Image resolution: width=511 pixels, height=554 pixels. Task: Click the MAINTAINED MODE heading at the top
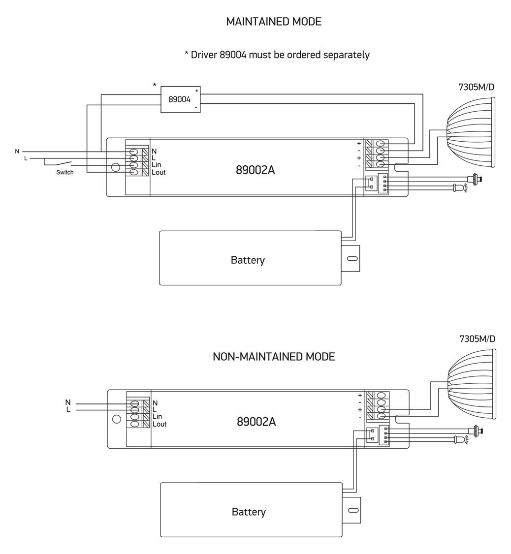(x=273, y=22)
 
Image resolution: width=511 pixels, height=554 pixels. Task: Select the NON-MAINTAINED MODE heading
(x=274, y=357)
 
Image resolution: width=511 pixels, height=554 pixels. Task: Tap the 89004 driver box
(x=180, y=99)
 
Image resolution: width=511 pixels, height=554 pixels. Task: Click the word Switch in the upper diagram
(x=64, y=173)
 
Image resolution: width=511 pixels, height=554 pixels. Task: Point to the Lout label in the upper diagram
(x=159, y=173)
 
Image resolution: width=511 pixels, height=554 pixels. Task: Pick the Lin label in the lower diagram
(x=157, y=417)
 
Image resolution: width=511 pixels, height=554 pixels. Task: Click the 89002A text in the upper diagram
(x=255, y=170)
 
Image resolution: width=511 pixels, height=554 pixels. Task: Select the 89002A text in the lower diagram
(x=256, y=422)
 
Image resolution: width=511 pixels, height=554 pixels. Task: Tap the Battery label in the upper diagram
(x=248, y=260)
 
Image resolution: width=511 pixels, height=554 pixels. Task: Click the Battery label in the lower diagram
(x=249, y=512)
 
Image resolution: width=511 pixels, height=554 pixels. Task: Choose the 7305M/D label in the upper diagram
(x=476, y=87)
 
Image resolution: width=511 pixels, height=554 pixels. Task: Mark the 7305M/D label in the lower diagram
(x=477, y=339)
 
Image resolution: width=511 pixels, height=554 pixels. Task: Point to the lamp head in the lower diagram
(x=471, y=384)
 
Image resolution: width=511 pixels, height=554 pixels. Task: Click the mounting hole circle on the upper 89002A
(x=116, y=167)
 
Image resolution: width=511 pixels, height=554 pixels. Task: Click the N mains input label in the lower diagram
(x=68, y=403)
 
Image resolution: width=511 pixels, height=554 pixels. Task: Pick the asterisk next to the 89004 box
(x=154, y=86)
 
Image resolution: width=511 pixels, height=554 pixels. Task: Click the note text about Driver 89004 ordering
(x=277, y=55)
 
